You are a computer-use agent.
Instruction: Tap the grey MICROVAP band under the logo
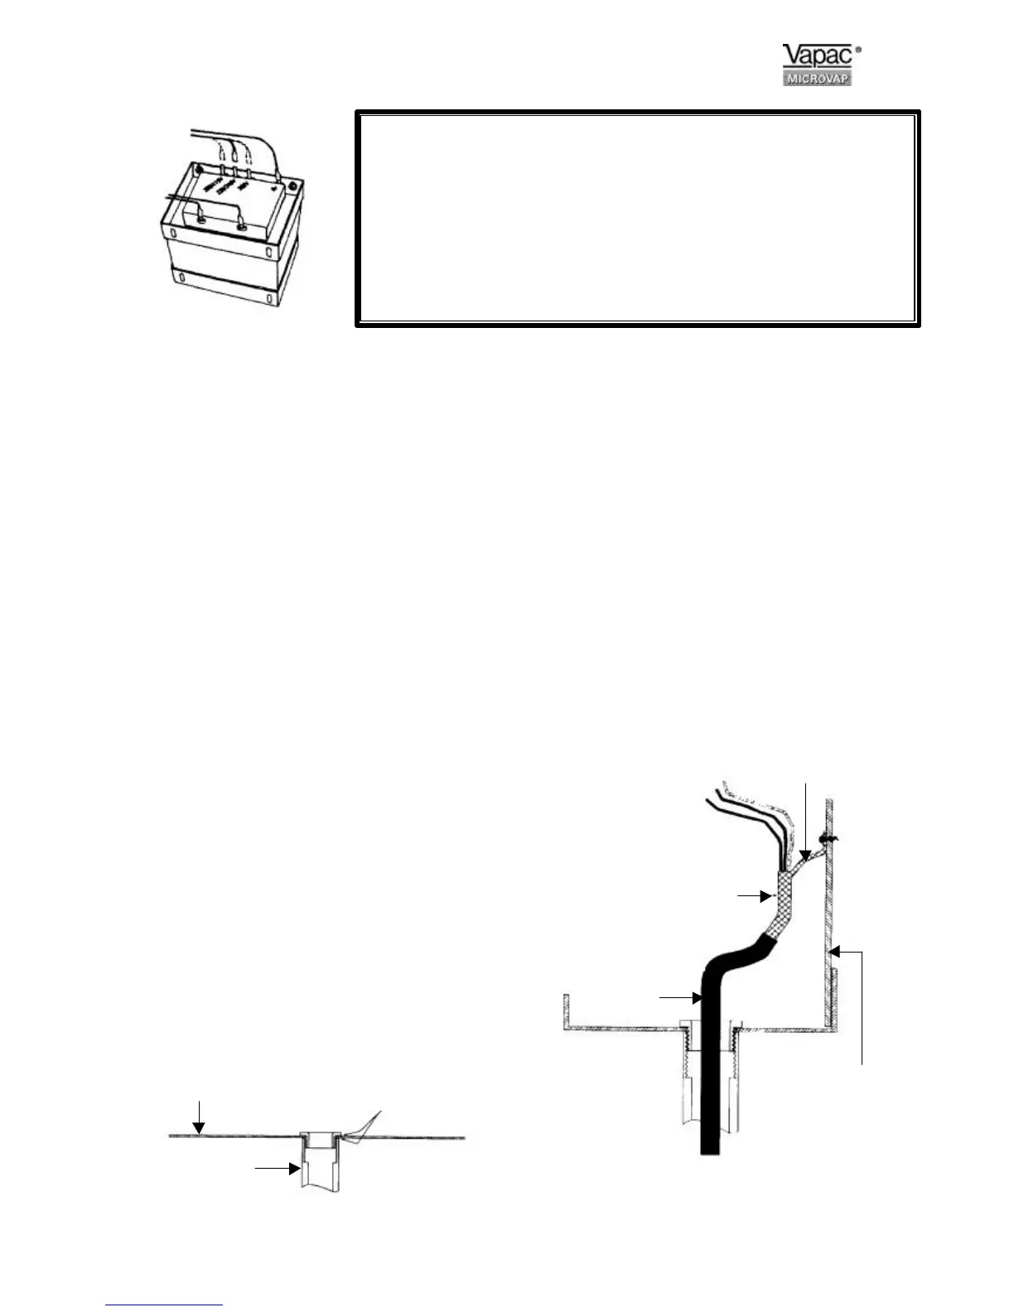pyautogui.click(x=816, y=79)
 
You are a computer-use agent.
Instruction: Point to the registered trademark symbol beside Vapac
pyautogui.click(x=857, y=51)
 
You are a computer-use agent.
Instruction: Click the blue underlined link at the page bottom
pyautogui.click(x=165, y=1305)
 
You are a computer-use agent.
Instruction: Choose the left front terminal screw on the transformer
pyautogui.click(x=201, y=219)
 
